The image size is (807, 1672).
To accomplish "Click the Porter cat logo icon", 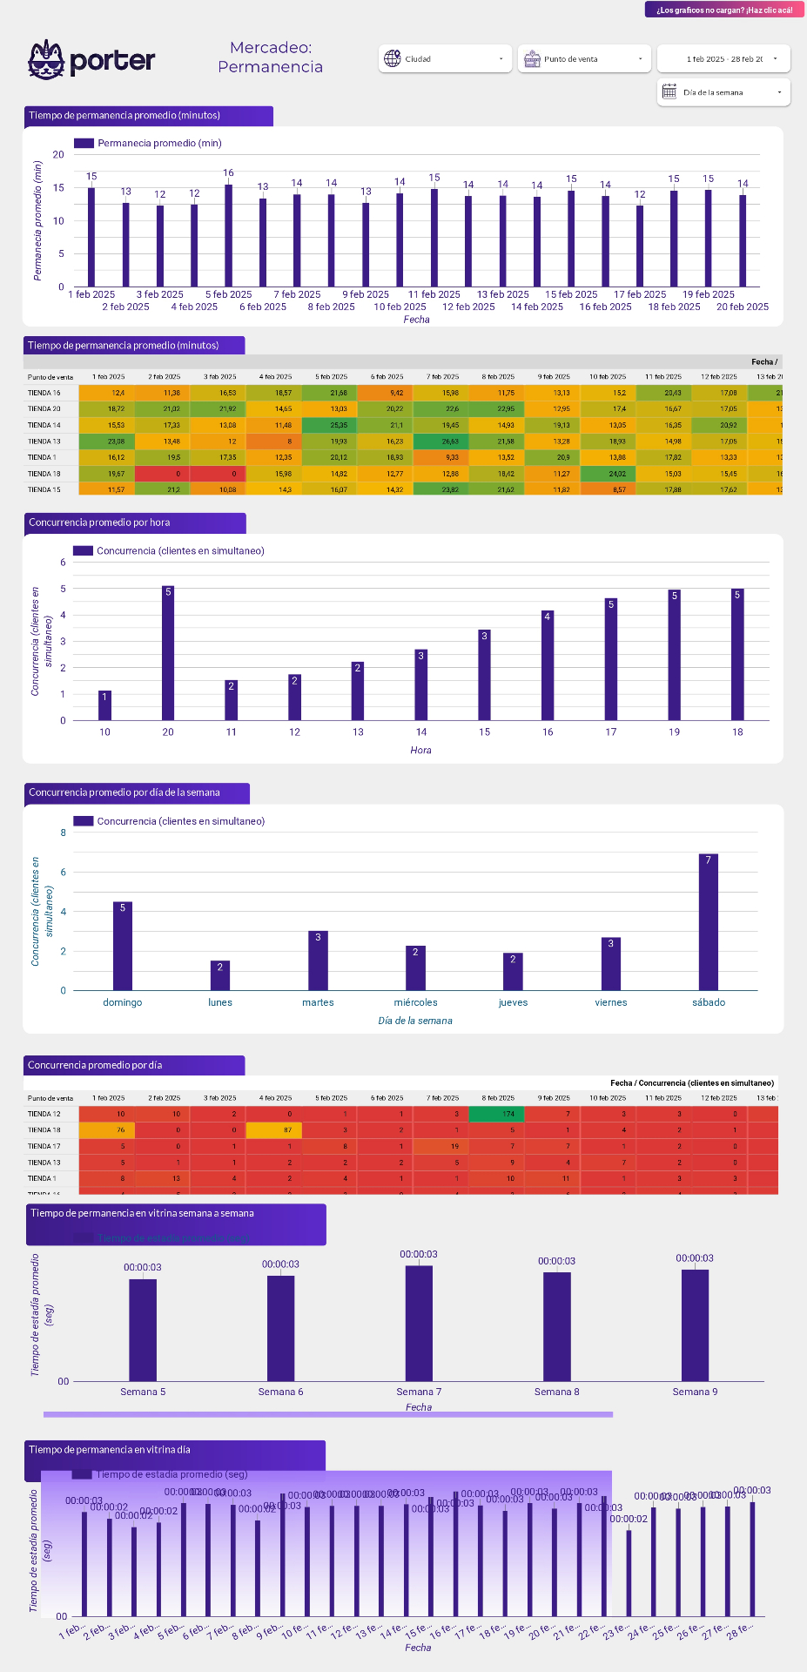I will (46, 59).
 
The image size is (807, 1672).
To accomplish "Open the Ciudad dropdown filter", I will (445, 59).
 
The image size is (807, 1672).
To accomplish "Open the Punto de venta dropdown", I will (584, 59).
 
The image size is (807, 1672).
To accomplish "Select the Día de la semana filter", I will (723, 92).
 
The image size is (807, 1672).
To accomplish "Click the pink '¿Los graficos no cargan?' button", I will (724, 10).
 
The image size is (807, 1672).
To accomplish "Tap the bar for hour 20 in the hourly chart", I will (168, 653).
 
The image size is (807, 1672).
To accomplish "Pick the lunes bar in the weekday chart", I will (220, 975).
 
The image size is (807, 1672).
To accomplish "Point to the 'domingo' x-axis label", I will (123, 1002).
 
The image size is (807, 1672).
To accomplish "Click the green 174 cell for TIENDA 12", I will (497, 1114).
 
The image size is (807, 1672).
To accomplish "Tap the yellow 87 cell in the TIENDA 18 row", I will (274, 1130).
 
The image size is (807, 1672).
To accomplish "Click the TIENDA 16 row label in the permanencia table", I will (44, 393).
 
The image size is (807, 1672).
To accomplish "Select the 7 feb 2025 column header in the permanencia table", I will (443, 377).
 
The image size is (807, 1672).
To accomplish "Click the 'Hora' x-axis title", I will (420, 750).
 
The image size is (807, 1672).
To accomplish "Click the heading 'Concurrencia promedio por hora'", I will (99, 522).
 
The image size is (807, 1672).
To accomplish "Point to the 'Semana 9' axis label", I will (695, 1392).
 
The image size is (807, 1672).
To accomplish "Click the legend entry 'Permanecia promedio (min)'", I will (159, 143).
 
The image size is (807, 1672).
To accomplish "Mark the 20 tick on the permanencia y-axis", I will (58, 155).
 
